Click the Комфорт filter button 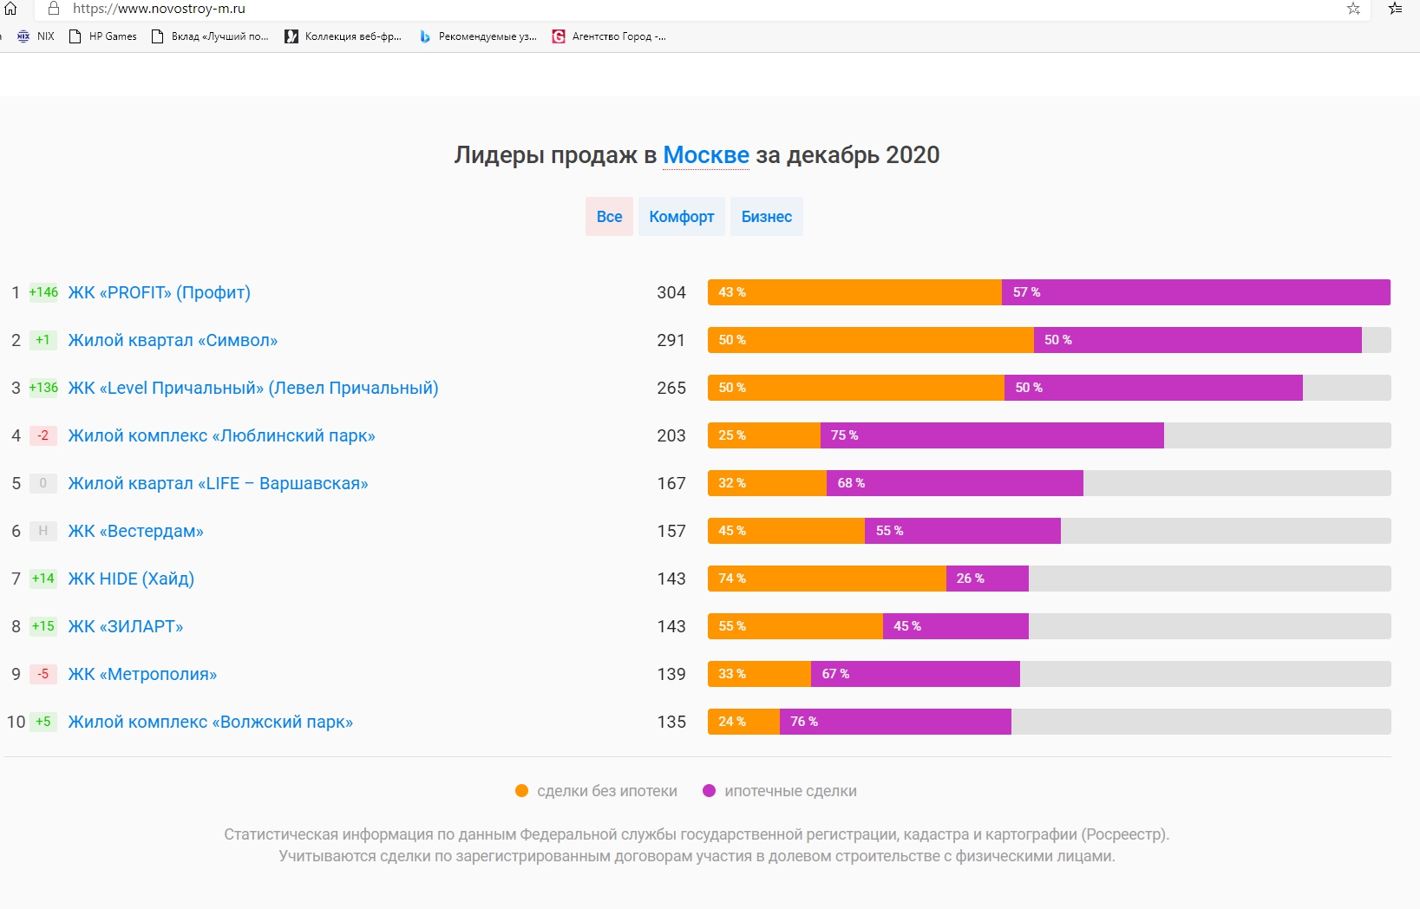[x=682, y=217]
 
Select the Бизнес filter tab [x=767, y=217]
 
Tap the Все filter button [x=609, y=217]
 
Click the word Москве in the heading [x=706, y=155]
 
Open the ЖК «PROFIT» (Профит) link [x=160, y=293]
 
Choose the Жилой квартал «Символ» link [x=173, y=341]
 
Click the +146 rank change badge [x=43, y=292]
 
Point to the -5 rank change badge [x=43, y=674]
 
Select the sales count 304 [x=671, y=293]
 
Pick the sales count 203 [x=671, y=436]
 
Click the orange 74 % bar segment [x=827, y=579]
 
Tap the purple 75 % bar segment [x=991, y=435]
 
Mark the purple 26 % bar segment [x=987, y=579]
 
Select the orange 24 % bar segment [x=743, y=722]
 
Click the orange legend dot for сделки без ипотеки [x=522, y=791]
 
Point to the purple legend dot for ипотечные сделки [x=710, y=791]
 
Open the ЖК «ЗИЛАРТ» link [x=126, y=627]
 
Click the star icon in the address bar [x=1353, y=9]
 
